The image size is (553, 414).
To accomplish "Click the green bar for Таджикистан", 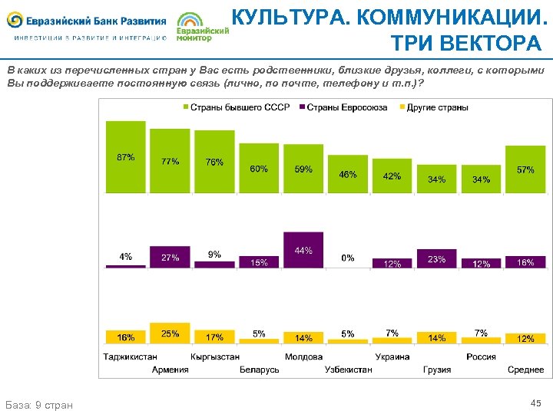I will [x=125, y=156].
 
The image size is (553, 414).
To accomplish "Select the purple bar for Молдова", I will [x=303, y=249].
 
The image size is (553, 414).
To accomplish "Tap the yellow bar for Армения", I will [x=170, y=333].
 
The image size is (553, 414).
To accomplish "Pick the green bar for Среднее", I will [x=525, y=169].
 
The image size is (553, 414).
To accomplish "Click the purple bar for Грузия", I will [x=436, y=258].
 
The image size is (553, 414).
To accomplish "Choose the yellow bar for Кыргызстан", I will [x=214, y=337].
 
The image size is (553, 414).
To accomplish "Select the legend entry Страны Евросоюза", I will [x=343, y=107].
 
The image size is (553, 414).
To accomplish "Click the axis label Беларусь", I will [x=259, y=370].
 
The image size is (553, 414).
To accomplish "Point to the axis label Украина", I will [x=392, y=356].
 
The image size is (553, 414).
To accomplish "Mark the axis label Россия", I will [x=481, y=356].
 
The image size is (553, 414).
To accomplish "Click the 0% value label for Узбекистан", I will [x=348, y=258].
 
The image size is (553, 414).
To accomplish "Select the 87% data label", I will [x=125, y=157].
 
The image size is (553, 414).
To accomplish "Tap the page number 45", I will [x=535, y=403].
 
